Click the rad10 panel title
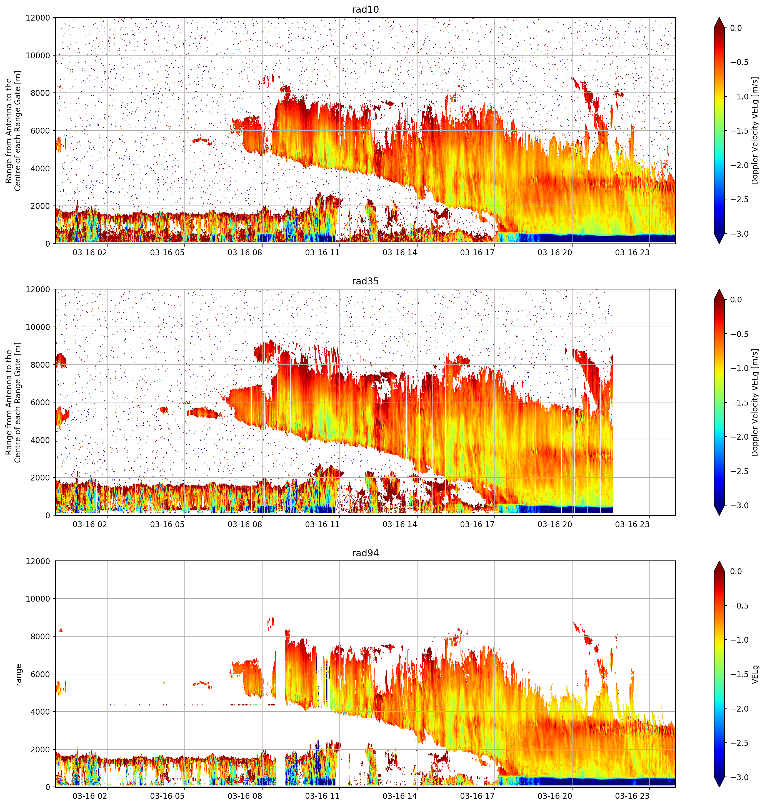(365, 9)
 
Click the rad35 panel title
(365, 281)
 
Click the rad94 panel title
(365, 553)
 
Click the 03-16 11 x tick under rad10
(322, 252)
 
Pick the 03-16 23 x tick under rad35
(632, 524)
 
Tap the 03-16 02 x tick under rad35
(90, 524)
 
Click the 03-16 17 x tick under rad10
(477, 252)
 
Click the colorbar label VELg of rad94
(756, 674)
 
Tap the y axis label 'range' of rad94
(18, 675)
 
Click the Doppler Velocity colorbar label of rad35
(755, 402)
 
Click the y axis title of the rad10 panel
(13, 131)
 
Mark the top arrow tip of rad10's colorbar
(719, 17)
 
